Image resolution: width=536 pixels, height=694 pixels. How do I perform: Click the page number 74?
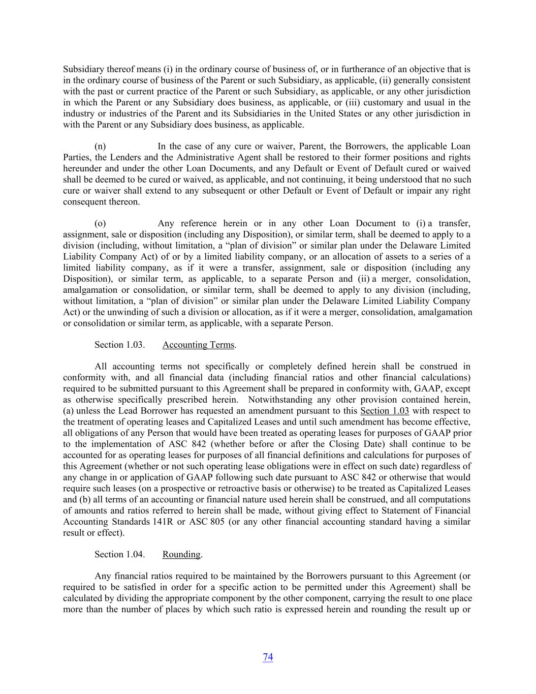coord(268,657)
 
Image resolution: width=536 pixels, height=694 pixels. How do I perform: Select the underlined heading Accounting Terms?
coord(198,345)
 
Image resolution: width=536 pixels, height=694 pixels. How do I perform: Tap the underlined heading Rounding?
coord(181,554)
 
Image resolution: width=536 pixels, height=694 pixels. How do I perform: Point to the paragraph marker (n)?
coord(100,146)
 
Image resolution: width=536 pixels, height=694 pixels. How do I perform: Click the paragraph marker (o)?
coord(100,223)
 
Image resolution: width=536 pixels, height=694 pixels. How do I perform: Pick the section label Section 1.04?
coord(120,554)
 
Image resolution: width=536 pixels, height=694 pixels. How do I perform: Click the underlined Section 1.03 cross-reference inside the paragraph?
coord(384,411)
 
